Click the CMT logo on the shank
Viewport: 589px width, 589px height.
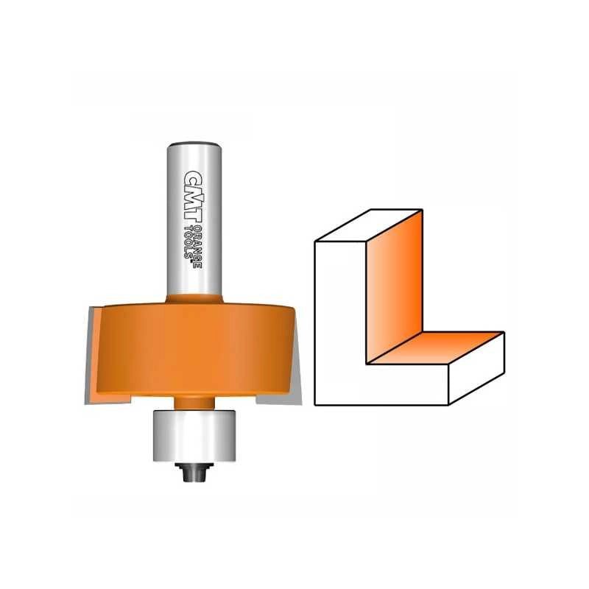(194, 197)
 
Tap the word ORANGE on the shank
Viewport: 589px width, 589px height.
(198, 247)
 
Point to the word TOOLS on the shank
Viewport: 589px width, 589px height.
(188, 242)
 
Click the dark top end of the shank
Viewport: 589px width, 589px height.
(194, 144)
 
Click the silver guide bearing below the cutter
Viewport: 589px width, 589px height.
(194, 435)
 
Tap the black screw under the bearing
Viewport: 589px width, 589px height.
(194, 472)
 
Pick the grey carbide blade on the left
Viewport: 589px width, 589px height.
(90, 357)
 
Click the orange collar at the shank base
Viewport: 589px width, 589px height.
(194, 299)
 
